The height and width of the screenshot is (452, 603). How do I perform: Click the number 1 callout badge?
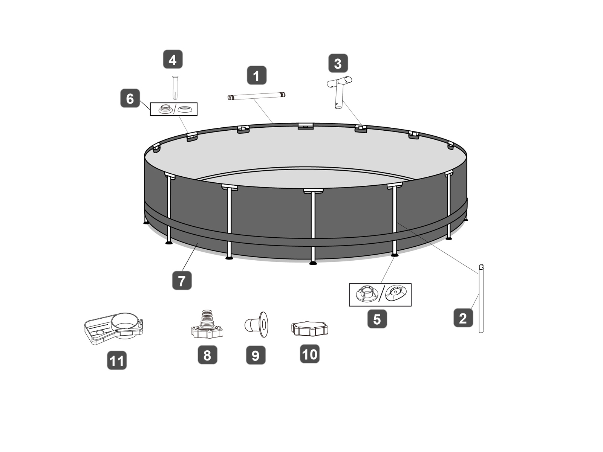click(x=256, y=75)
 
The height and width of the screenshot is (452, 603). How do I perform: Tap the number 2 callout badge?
click(x=463, y=318)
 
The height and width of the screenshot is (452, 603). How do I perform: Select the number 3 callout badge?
click(x=338, y=63)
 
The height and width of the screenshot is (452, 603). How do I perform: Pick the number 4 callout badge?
click(x=173, y=59)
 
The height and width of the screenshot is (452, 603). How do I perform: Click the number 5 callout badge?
click(x=377, y=319)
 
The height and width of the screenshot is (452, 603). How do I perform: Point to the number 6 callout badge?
click(x=130, y=98)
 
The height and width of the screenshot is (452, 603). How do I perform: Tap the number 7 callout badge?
click(x=182, y=281)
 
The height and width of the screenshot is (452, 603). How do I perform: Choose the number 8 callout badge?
click(x=207, y=355)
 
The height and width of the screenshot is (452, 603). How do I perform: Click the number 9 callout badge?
click(x=256, y=355)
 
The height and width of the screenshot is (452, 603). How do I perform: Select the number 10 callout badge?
click(x=310, y=354)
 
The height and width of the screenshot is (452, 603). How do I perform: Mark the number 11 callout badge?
click(x=117, y=360)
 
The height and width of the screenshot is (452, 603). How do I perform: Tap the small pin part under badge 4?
click(x=175, y=88)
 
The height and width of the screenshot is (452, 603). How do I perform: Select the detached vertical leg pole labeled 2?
click(x=481, y=299)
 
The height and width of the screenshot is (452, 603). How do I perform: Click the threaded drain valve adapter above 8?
click(x=207, y=324)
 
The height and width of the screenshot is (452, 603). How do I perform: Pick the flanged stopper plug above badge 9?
click(x=256, y=324)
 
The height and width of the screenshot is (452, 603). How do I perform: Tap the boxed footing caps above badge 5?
click(x=380, y=295)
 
